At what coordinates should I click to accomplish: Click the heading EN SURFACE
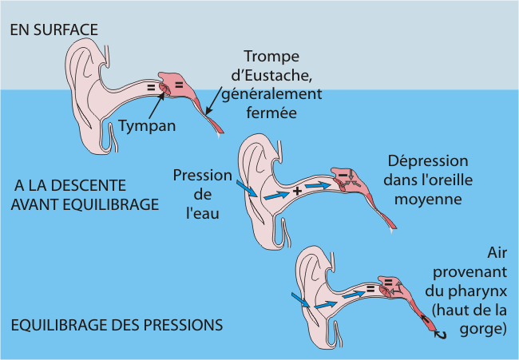tap(54, 30)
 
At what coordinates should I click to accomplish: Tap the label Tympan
tap(147, 126)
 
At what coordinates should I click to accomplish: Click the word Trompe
tap(271, 57)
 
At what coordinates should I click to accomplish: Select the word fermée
tap(271, 113)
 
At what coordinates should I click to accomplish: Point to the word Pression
tap(203, 176)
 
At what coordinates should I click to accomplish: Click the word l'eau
tap(203, 213)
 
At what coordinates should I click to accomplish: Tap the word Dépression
tap(428, 162)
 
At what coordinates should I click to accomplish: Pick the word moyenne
tap(428, 200)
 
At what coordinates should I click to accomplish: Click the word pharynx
tap(478, 292)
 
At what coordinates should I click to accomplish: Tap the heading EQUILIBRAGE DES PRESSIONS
tap(117, 325)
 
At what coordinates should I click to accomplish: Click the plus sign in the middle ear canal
tap(297, 191)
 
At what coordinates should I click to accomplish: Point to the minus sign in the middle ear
tap(343, 174)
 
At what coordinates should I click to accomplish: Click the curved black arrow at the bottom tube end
tap(441, 334)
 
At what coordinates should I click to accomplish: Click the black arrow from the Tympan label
tap(156, 105)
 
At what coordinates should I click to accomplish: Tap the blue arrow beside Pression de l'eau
tap(247, 188)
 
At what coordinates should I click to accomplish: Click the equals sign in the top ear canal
tap(151, 88)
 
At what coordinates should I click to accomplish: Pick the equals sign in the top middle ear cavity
tap(179, 85)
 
